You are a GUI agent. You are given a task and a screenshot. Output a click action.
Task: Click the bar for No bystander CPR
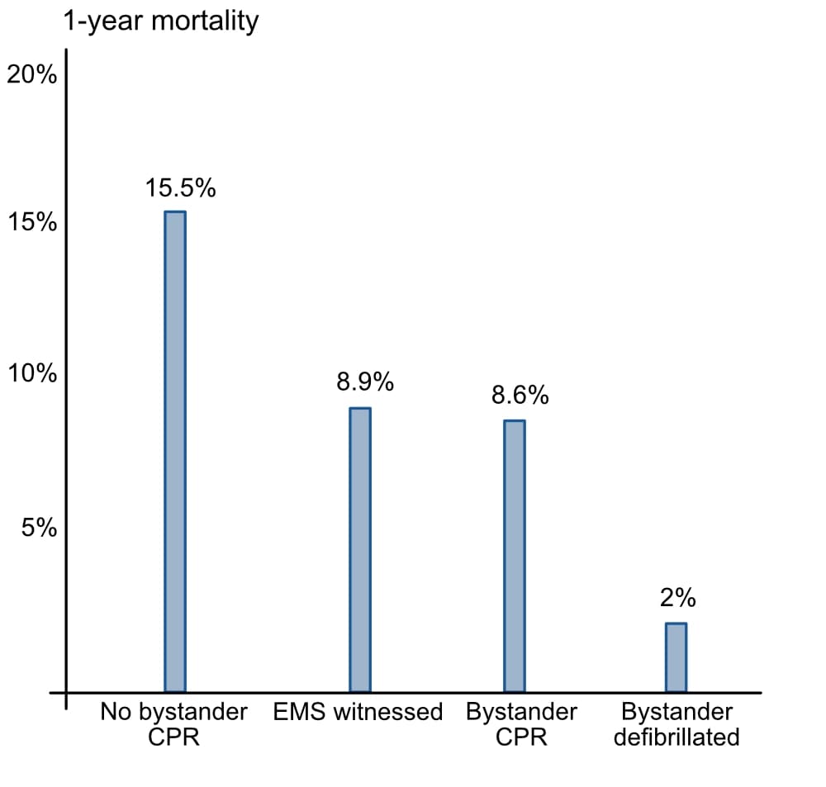coord(175,452)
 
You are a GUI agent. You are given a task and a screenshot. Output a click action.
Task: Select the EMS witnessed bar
coord(360,550)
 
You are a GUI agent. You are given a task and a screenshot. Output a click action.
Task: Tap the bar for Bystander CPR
coord(515,557)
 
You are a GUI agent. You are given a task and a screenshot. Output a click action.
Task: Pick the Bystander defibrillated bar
coord(676,657)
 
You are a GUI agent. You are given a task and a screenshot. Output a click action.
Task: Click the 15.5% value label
coord(181,188)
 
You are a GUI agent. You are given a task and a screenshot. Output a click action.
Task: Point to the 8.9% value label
coord(365,382)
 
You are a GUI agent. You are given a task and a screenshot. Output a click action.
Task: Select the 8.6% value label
coord(520,395)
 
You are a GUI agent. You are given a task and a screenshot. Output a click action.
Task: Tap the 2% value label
coord(678,598)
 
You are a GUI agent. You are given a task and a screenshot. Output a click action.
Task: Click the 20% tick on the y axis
coord(31,75)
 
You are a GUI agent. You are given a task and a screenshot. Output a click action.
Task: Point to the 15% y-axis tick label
coord(31,222)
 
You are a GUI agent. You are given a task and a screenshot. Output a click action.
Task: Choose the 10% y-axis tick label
coord(31,373)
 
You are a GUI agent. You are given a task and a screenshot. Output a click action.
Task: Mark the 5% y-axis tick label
coord(39,528)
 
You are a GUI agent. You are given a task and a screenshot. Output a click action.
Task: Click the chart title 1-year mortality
coord(161,22)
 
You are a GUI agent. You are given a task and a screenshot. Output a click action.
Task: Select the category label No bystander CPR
coord(173,724)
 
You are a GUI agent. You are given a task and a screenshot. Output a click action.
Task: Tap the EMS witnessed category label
coord(358,712)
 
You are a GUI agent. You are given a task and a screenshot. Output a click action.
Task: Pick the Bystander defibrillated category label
coord(677,724)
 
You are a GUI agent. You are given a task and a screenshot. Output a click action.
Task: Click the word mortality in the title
coord(205,22)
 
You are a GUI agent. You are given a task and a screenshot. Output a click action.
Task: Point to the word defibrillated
coord(677,737)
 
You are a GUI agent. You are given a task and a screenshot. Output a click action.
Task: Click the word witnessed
coord(388,712)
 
